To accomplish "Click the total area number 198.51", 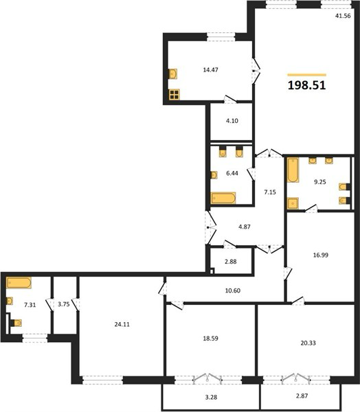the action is (307, 85).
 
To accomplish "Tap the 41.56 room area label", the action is (343, 16).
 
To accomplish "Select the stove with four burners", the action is (175, 95).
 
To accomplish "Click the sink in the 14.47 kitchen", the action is (172, 74).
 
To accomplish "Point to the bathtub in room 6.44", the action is (223, 198).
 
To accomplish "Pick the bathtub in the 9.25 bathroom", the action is (293, 170).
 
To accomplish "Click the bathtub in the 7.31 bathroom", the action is (19, 283).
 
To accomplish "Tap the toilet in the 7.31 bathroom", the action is (16, 323).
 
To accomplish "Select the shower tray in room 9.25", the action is (293, 203).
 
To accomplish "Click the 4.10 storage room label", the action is (232, 121).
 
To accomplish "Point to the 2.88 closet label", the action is (230, 262).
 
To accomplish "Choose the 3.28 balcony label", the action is (211, 398).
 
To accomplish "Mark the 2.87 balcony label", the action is (302, 396).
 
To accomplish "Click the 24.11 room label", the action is (122, 325).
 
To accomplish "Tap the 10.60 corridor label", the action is (233, 290).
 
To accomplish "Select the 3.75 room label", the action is (64, 304).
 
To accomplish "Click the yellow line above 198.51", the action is (307, 75).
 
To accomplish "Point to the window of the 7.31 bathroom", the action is (35, 338).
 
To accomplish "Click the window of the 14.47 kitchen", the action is (221, 37).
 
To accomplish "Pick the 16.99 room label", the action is (321, 255).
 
